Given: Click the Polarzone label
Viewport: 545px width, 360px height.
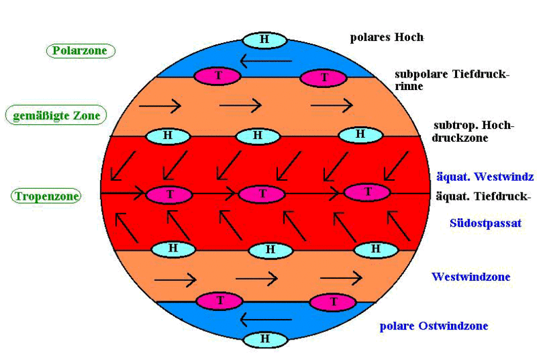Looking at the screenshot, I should (81, 50).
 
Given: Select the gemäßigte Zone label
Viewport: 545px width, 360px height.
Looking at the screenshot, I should (57, 116).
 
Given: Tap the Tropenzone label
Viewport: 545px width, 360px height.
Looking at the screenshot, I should (46, 196).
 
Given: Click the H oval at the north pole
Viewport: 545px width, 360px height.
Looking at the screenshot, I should (264, 40).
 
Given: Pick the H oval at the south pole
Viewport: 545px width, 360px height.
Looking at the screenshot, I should (264, 339).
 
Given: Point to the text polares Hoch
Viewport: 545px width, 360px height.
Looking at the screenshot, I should (386, 37).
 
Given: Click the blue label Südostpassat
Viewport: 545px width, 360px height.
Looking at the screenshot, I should (485, 223).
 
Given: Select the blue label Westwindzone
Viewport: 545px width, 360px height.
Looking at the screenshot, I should (471, 277).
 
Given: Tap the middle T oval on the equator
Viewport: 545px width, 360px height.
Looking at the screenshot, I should (262, 194).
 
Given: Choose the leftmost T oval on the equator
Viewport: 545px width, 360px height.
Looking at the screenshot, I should (169, 195).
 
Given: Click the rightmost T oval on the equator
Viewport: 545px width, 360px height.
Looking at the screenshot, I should (368, 192).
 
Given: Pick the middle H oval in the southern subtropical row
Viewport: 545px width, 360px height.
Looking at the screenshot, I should (270, 250).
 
